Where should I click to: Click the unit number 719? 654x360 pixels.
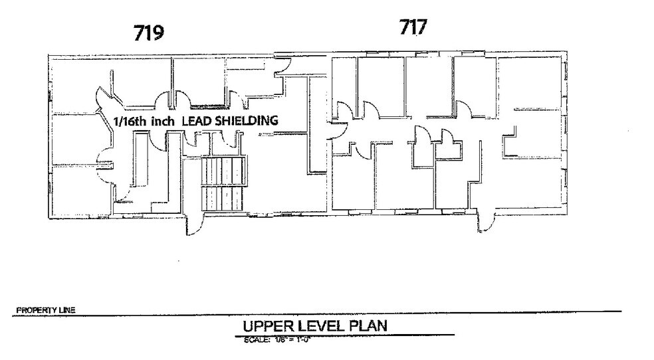149,34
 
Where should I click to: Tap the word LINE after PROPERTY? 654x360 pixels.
67,310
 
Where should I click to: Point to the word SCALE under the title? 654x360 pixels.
256,338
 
